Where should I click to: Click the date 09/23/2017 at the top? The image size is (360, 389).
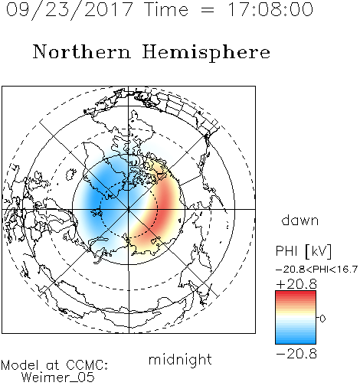tap(69, 10)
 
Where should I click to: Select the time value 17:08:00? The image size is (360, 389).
tap(270, 9)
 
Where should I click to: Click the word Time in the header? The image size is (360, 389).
tap(166, 9)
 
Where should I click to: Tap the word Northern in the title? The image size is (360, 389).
tap(82, 51)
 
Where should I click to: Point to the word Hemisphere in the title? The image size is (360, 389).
tap(206, 53)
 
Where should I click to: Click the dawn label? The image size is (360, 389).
tap(300, 220)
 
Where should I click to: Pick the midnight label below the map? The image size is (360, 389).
tap(180, 360)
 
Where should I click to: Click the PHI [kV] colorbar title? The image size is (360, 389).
tap(303, 251)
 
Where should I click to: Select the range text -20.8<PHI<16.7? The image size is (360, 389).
tap(316, 270)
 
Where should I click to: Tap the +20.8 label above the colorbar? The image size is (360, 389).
tap(296, 284)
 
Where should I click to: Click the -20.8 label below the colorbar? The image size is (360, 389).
tap(296, 354)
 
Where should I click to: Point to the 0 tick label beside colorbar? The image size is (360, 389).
tap(322, 319)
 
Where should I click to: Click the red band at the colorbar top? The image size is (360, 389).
tap(296, 294)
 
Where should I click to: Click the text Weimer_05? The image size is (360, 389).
tap(58, 378)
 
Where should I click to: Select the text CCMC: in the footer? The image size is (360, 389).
tap(87, 365)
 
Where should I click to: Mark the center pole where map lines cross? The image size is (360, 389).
tap(129, 209)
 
